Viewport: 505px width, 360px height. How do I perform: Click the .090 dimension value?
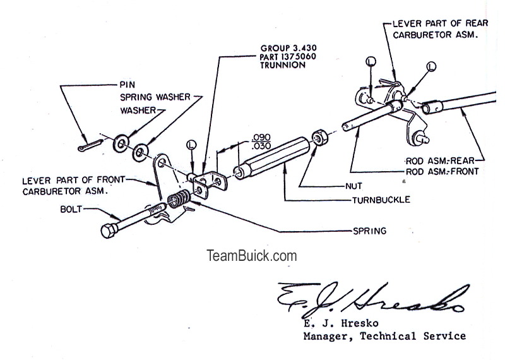coord(261,136)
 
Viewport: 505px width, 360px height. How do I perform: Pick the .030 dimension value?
coord(261,146)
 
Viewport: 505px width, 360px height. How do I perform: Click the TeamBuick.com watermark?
coord(252,256)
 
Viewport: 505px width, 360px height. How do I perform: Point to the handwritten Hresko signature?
coord(372,297)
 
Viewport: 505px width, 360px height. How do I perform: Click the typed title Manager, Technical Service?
coord(384,336)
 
